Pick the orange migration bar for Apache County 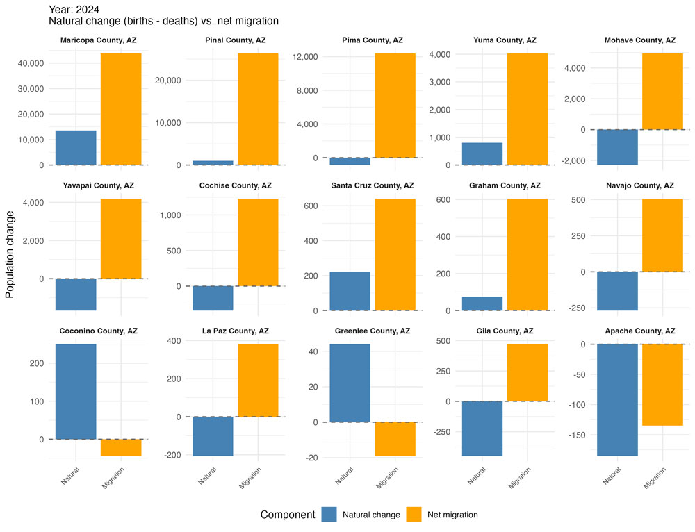pos(662,385)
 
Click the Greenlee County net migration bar pos(395,439)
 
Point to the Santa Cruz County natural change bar pos(350,291)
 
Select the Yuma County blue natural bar pos(482,153)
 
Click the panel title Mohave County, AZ pos(640,40)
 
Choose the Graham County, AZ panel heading pos(503,185)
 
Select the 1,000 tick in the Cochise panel pos(171,215)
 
